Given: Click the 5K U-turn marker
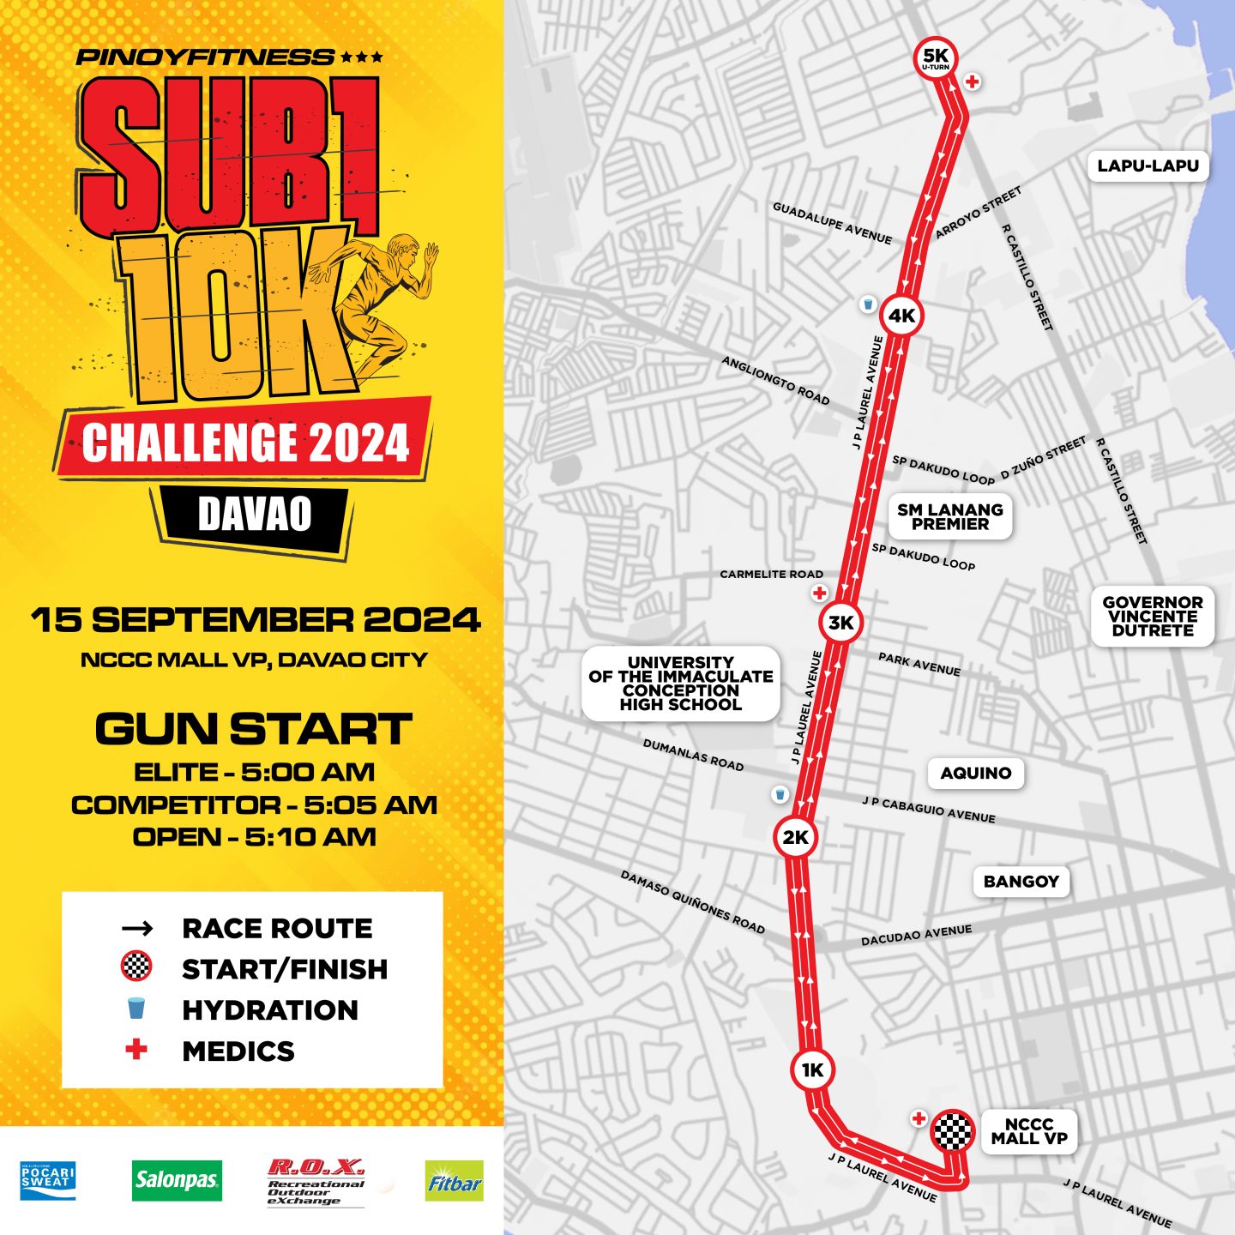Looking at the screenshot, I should (935, 58).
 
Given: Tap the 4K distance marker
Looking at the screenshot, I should (901, 316).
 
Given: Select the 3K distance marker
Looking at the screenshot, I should (840, 623).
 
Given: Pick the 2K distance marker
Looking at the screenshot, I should (795, 837).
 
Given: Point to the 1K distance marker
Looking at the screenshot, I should (811, 1069).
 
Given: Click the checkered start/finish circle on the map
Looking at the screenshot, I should (952, 1130).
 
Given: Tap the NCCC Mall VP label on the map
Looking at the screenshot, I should (1028, 1131).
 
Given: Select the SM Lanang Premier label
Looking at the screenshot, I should (949, 516).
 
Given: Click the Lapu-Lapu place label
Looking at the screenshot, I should (1148, 166).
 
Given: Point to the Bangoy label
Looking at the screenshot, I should (1021, 881).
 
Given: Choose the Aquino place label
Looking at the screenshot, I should (975, 773).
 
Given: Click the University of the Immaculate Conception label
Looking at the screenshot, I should (680, 684).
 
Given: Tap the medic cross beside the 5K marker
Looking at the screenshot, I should (972, 82).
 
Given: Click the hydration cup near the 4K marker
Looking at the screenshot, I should (868, 304).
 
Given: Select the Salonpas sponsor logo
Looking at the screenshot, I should (177, 1180).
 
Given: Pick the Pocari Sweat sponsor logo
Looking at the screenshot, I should (48, 1180).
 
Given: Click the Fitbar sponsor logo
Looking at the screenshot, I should (454, 1181).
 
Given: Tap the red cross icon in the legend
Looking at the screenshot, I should (136, 1050).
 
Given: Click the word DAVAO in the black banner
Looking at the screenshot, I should (255, 514).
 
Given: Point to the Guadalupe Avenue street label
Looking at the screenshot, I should (832, 223).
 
